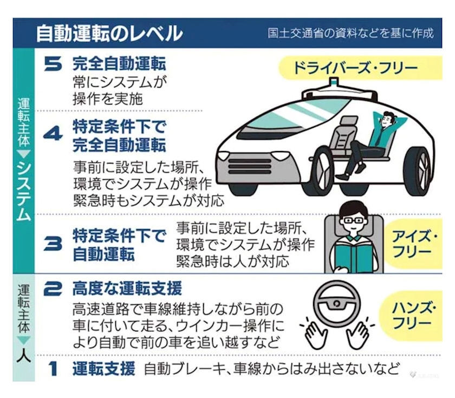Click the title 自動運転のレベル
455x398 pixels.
pyautogui.click(x=109, y=33)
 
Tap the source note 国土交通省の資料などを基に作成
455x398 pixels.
pyautogui.click(x=350, y=33)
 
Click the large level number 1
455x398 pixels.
pyautogui.click(x=53, y=369)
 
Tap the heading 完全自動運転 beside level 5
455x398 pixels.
pyautogui.click(x=119, y=64)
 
